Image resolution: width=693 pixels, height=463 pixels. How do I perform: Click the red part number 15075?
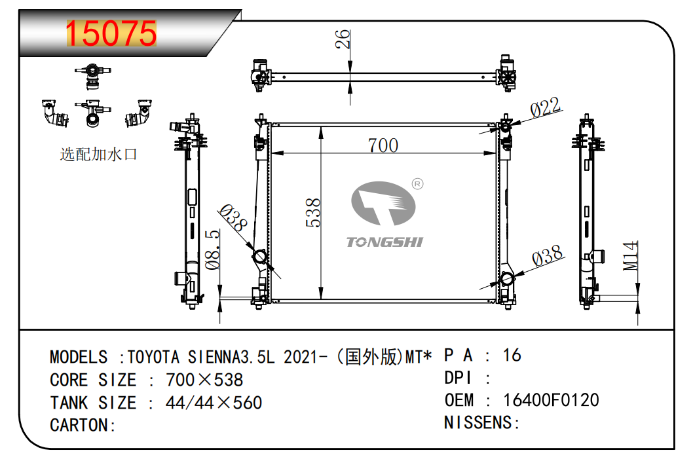111,33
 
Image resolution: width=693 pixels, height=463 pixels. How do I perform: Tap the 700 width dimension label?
383,145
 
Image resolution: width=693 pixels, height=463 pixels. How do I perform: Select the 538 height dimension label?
313,212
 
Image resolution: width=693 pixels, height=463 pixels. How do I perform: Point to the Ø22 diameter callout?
546,108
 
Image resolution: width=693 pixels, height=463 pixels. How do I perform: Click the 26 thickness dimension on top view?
343,39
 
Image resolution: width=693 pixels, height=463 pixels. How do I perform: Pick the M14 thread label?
631,256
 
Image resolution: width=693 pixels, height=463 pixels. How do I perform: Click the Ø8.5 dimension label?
213,249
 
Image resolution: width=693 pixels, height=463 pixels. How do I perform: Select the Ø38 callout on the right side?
548,256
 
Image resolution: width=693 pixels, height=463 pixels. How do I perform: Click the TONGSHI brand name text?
384,242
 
